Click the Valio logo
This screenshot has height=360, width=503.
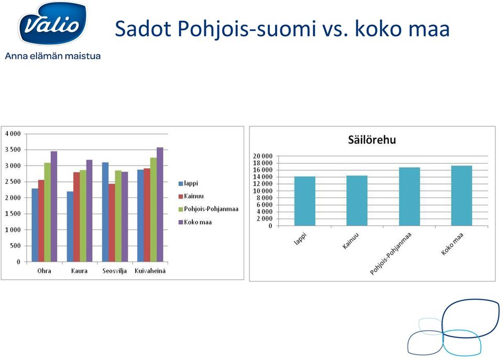point(53,24)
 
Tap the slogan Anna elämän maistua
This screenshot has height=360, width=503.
point(53,56)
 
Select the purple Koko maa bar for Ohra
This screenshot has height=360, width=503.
point(54,206)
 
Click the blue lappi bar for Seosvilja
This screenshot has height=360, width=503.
point(105,212)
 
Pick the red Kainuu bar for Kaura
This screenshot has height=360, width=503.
point(76,217)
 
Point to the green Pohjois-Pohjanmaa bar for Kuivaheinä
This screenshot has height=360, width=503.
point(154,210)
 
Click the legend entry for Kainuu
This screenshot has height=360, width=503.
point(191,196)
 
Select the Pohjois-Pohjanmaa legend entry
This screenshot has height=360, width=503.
point(209,209)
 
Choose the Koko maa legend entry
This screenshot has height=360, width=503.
point(195,222)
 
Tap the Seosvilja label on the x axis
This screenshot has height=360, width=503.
point(115,271)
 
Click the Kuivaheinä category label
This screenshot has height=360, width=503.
point(150,271)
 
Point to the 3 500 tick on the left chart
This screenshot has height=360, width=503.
point(13,149)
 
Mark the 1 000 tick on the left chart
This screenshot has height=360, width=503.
point(13,230)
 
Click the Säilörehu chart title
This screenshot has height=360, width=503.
point(372,140)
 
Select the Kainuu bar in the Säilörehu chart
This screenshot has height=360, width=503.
point(357,201)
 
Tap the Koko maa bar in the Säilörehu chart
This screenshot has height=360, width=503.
point(462,196)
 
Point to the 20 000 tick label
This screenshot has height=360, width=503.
point(263,156)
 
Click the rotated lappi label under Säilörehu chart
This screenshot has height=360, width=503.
point(300,239)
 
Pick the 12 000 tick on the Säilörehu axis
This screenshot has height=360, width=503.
point(263,184)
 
